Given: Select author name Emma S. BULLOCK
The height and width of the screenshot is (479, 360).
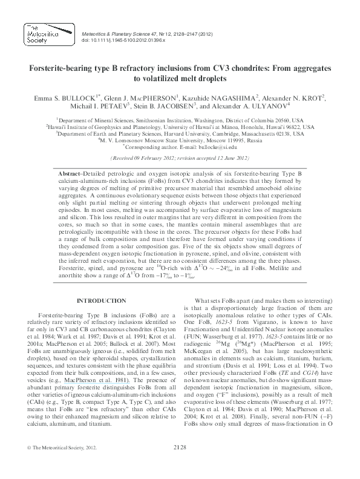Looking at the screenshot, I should coord(62,97).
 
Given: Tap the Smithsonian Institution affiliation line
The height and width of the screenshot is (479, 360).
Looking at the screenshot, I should coord(180,121).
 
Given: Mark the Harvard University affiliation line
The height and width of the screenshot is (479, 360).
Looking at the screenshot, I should coord(180,133).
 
